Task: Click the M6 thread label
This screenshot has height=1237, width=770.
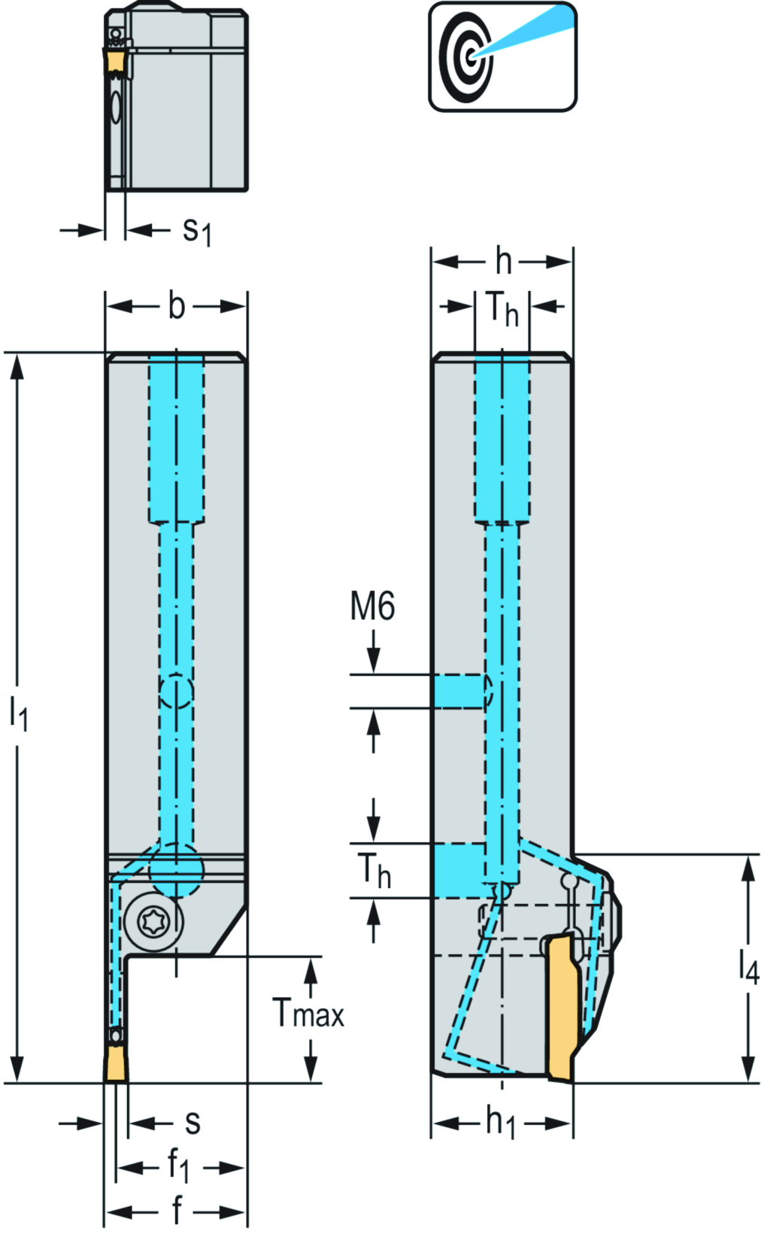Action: [372, 606]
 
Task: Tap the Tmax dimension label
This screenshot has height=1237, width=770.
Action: [308, 1014]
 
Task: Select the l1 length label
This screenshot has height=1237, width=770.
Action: [18, 711]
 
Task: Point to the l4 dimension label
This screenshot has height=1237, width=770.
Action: [749, 966]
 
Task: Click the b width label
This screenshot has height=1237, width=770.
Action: [176, 306]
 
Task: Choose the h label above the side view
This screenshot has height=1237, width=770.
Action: [503, 262]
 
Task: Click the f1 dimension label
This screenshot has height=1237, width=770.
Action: [177, 1167]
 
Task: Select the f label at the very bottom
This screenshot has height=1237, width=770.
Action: [177, 1211]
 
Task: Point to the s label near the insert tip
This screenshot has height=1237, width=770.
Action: [192, 1123]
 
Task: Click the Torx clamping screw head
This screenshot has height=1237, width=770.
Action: [153, 919]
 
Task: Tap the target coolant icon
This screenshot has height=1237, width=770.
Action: [502, 57]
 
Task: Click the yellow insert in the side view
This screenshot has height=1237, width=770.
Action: [564, 1008]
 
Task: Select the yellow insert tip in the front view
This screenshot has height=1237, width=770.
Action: [116, 1065]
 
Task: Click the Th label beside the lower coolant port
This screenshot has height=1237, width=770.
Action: [374, 871]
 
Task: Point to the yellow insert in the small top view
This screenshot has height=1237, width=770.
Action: [116, 62]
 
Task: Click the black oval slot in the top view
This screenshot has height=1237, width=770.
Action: [115, 108]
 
